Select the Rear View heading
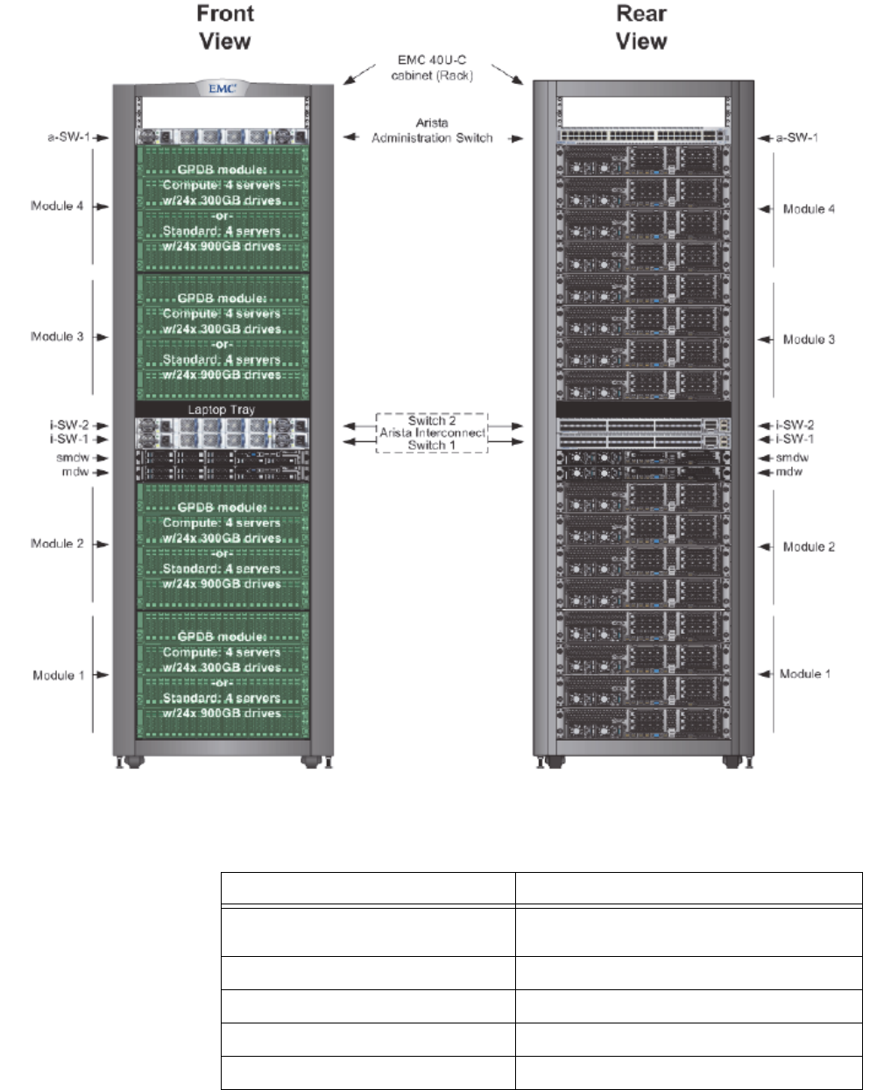641,27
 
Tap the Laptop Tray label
221,410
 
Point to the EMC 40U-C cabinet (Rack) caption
432,68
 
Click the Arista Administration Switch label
432,130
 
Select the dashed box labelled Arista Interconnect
432,432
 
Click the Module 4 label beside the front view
57,207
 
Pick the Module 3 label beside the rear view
809,340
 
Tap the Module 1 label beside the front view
59,675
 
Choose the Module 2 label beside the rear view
809,547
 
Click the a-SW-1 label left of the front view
68,137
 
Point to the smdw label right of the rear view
792,458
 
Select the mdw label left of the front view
76,473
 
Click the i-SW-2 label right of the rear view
794,425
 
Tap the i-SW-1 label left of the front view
69,440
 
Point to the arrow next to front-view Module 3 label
102,337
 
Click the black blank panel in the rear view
643,409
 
